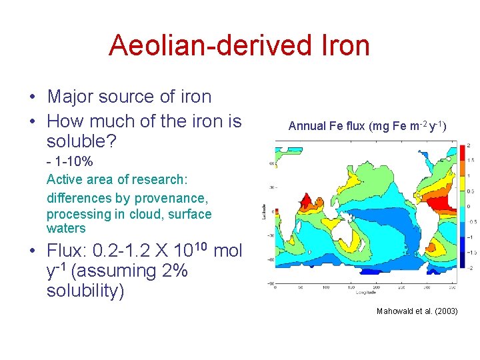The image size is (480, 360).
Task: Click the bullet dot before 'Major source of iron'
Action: pyautogui.click(x=32, y=97)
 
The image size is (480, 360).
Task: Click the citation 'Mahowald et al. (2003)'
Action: pyautogui.click(x=417, y=311)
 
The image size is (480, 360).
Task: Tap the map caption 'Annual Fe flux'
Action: pyautogui.click(x=326, y=125)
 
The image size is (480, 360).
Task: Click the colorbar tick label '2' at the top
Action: pyautogui.click(x=469, y=145)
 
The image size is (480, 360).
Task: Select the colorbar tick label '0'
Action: pyautogui.click(x=469, y=207)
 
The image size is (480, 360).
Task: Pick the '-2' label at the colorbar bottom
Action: pyautogui.click(x=469, y=268)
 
